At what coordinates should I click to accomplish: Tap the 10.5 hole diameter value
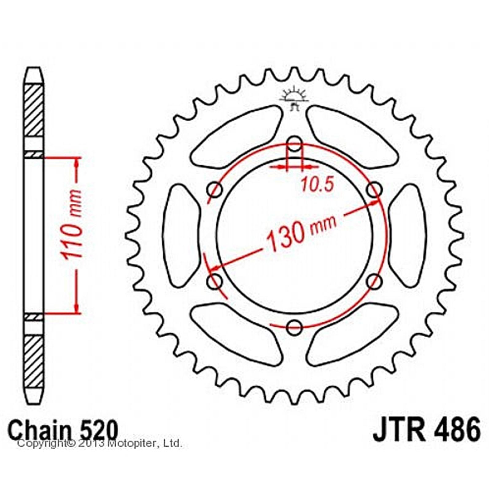click(317, 185)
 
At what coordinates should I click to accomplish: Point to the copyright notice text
click(100, 443)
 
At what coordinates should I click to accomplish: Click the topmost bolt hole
click(295, 144)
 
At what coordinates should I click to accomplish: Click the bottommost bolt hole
click(295, 327)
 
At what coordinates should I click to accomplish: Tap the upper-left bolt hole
click(215, 190)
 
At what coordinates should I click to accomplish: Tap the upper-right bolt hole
click(374, 190)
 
